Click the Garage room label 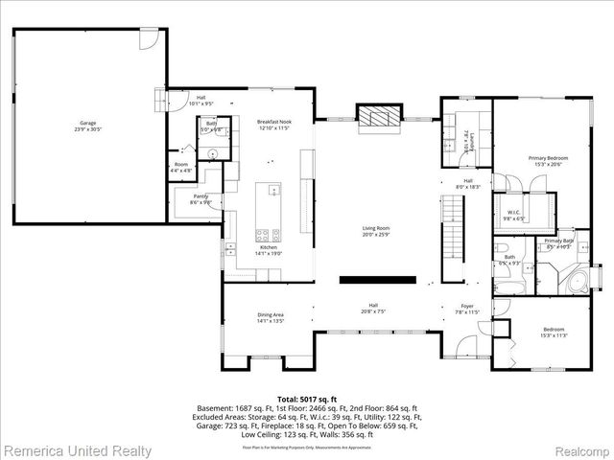pos(87,126)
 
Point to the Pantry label pos(200,199)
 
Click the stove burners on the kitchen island pos(266,234)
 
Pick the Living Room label pos(375,230)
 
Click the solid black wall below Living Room pos(378,280)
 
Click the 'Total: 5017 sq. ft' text pos(307,398)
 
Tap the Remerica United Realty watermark pos(77,448)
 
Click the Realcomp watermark pos(577,448)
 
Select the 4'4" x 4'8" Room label pos(181,167)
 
